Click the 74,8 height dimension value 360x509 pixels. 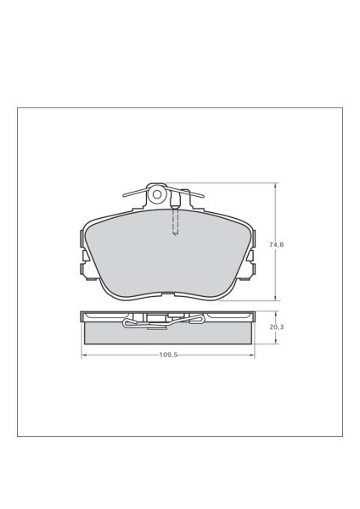pos(276,244)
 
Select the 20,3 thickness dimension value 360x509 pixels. pos(276,327)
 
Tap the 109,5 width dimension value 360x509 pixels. pos(168,355)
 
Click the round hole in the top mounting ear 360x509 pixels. pos(157,194)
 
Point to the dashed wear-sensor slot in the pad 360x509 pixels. pos(175,221)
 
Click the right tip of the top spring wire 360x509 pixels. pos(203,197)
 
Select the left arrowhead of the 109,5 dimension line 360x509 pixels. pos(83,355)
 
